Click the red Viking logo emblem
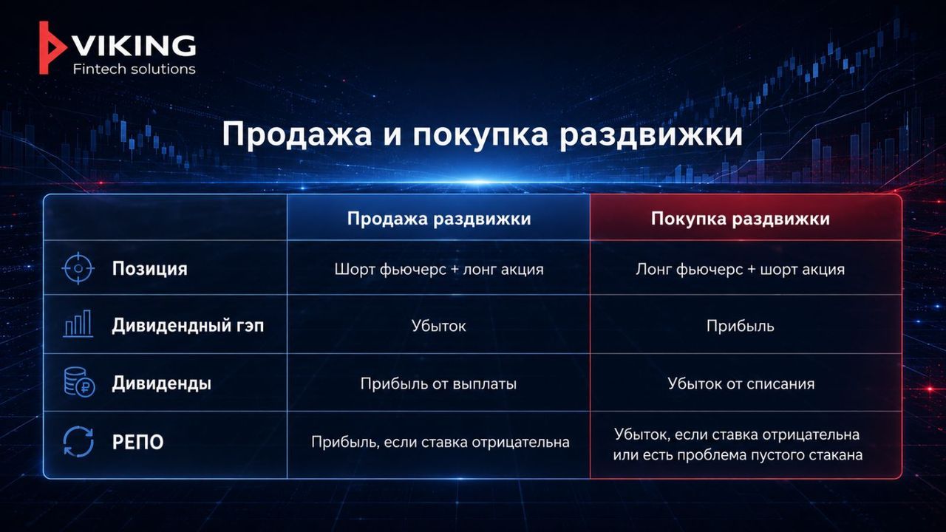(50, 48)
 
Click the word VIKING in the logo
(135, 46)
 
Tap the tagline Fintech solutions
(135, 69)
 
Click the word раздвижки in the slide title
(651, 135)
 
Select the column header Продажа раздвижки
(439, 219)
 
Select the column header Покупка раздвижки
(740, 219)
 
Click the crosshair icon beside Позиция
(78, 268)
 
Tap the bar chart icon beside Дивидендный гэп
(78, 324)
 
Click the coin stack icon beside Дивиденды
(79, 383)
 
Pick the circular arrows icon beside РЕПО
(78, 442)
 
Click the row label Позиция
(149, 269)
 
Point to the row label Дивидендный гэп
(188, 326)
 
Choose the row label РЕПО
(137, 442)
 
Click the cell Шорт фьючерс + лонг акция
(439, 270)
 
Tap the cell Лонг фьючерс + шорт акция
(740, 270)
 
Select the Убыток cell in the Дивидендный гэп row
(439, 326)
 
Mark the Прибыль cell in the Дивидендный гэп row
(740, 326)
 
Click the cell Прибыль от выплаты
(438, 383)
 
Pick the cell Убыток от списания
(741, 383)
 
